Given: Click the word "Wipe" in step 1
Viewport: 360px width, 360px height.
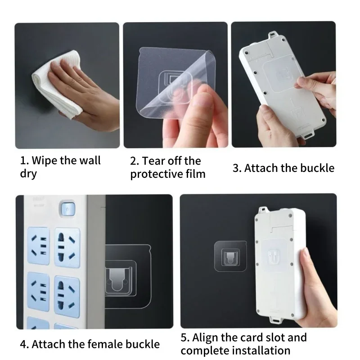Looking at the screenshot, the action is point(43,160).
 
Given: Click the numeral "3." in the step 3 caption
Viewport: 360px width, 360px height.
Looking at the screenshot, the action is point(237,168).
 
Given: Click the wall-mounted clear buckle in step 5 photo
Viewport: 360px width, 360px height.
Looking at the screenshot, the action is point(230,256).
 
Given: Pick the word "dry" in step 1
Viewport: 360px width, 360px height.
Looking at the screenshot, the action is point(28,174).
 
